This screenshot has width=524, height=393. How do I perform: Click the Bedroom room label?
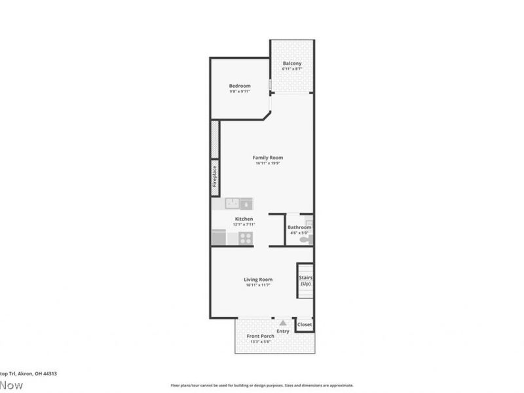point(240,86)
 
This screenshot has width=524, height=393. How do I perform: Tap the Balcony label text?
point(291,64)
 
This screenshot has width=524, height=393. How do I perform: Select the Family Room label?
point(269,158)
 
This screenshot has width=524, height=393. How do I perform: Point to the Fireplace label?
point(215,177)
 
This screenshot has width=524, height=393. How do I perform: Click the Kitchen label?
point(244,219)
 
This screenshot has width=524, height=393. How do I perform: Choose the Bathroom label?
point(299,227)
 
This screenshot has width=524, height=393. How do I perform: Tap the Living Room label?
point(258,280)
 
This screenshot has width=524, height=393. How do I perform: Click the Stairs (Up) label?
point(305,281)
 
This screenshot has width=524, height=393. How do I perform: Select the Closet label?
point(305,325)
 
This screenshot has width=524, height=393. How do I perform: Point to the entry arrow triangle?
point(282,323)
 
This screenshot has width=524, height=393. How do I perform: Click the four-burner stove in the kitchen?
point(245,238)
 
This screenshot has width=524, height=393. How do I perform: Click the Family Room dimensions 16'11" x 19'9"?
point(269,164)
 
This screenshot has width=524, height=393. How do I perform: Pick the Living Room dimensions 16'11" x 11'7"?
point(258,285)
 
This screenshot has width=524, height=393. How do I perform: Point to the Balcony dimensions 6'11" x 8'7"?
point(291,69)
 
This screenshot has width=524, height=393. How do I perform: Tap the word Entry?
point(282,331)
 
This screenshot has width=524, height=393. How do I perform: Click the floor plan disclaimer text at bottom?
point(262,386)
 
